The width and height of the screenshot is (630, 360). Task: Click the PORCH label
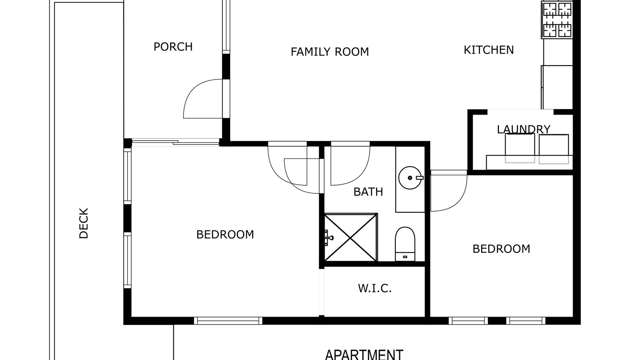pos(173,47)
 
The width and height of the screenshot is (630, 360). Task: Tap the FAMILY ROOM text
pos(330,52)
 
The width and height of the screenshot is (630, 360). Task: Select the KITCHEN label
pos(489,50)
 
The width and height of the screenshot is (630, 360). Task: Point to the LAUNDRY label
pos(523,129)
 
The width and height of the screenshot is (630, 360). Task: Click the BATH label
pos(368,192)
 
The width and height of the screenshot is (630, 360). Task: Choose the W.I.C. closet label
pos(374,288)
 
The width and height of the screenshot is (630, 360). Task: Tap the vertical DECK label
pos(83,223)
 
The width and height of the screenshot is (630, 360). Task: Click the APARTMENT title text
pos(364,354)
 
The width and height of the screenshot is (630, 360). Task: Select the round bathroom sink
pos(410,178)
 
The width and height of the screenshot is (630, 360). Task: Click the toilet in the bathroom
pos(405,244)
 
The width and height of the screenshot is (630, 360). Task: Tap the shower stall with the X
pos(351,238)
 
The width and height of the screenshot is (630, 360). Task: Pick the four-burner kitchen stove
pos(557,20)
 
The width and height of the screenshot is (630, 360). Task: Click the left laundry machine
pos(520,148)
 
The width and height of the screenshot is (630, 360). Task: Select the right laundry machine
pos(554,149)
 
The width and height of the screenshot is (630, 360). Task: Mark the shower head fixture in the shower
pos(328,238)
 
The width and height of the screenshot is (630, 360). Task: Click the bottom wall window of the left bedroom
pos(228,321)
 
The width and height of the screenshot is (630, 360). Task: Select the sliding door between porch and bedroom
pos(176,142)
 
